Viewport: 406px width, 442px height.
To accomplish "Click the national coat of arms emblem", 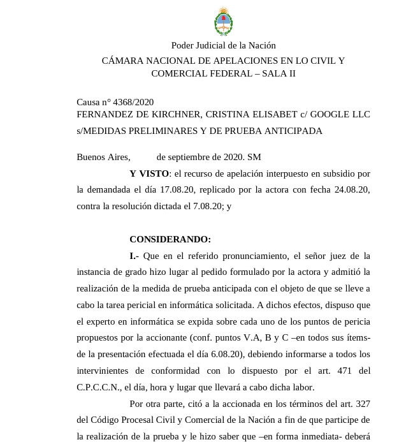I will (223, 22).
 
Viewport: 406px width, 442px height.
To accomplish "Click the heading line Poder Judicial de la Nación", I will (223, 45).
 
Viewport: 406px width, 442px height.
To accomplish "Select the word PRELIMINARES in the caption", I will (160, 131).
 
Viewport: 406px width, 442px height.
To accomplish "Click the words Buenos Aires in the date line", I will (103, 157).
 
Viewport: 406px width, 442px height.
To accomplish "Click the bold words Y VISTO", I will (149, 173).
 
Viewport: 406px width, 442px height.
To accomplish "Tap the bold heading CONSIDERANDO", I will (170, 240).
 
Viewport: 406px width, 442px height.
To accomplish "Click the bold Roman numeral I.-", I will (134, 256).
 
